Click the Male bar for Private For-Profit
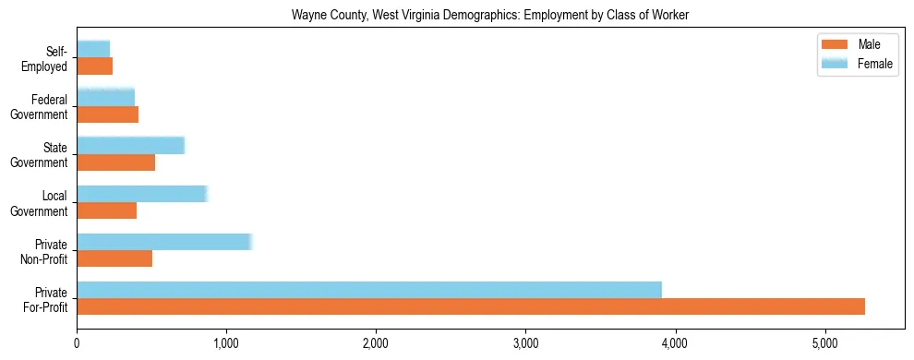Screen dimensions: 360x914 click(471, 306)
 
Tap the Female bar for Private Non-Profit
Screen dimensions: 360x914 click(164, 242)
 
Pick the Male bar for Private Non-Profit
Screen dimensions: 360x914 click(114, 258)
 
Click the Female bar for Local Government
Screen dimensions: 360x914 click(142, 194)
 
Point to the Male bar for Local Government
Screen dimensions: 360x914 click(107, 210)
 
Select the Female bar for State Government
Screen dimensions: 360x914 click(131, 145)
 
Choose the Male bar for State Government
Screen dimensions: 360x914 click(116, 162)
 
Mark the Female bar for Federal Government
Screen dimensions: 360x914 click(106, 97)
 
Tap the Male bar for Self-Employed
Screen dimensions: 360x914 click(95, 66)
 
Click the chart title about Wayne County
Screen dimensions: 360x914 click(490, 15)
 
